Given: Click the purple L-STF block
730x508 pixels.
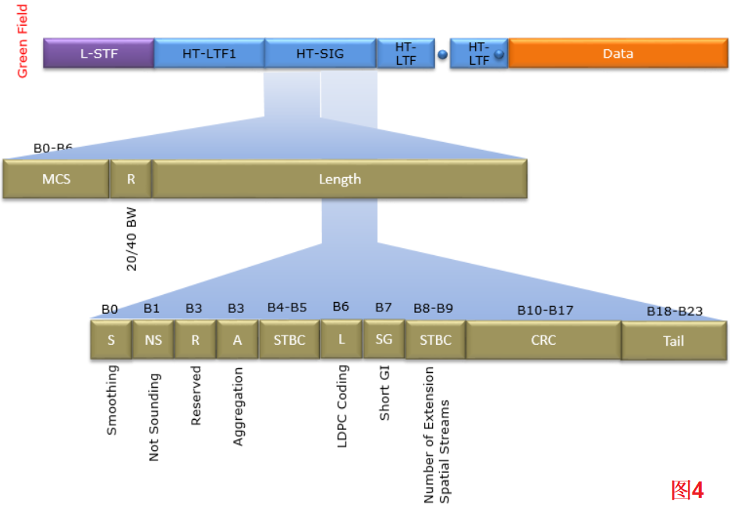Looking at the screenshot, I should (x=98, y=54).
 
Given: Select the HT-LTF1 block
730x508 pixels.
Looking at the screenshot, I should (x=209, y=54).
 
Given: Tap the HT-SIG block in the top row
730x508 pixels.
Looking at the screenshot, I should (x=320, y=54).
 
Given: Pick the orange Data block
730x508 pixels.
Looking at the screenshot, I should (x=618, y=54).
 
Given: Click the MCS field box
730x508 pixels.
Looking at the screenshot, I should (x=56, y=179).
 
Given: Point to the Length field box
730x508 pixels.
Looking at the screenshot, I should (x=340, y=179).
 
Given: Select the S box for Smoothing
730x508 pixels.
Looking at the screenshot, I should (x=111, y=340).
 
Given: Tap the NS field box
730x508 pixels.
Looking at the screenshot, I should (x=153, y=340).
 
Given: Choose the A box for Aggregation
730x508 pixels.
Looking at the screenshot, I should (x=237, y=340).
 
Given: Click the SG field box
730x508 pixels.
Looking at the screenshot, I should (x=384, y=339).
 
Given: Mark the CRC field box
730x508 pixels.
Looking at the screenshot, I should (x=544, y=340).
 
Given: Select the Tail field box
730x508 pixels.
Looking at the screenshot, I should (x=674, y=341).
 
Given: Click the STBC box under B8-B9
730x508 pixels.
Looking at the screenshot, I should (x=435, y=340).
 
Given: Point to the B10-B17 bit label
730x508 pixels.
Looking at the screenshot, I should (x=545, y=311).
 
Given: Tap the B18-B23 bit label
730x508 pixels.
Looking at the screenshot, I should (x=675, y=311).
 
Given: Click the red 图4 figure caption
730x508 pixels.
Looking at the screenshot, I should (x=687, y=490).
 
